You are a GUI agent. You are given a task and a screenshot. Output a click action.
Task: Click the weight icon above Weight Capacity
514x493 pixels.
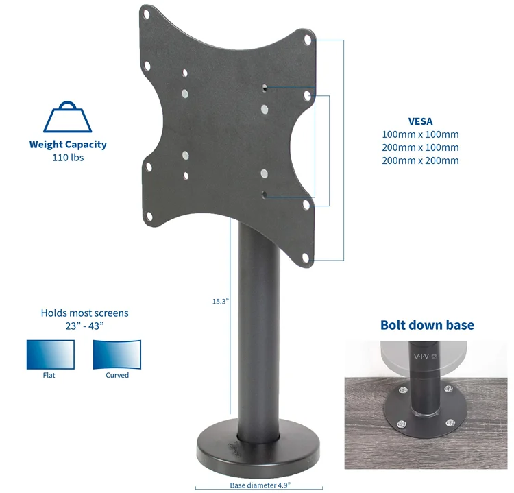[67, 118]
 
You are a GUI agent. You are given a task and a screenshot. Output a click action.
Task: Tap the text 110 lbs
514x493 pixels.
[67, 157]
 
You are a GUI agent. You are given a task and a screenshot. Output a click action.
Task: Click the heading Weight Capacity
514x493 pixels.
[67, 145]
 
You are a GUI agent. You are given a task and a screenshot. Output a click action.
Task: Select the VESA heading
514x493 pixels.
[420, 121]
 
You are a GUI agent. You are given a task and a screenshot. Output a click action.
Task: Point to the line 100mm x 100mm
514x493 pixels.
[420, 134]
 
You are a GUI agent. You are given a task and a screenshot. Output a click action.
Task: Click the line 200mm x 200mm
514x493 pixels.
[420, 160]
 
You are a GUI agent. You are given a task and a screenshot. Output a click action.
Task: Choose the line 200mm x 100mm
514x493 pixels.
[420, 147]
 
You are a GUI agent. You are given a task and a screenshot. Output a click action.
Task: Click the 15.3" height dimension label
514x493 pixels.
[219, 300]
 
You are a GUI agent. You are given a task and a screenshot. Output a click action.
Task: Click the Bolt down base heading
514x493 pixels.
[427, 325]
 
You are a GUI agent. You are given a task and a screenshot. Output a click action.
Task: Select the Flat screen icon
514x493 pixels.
[49, 354]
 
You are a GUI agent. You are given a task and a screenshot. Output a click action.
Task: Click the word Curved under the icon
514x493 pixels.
[117, 376]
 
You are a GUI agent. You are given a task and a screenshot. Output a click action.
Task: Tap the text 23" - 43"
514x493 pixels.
[84, 326]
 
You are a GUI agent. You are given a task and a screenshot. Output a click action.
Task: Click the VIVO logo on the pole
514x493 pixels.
[427, 357]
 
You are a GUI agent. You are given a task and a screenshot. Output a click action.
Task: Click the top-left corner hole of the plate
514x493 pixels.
[147, 12]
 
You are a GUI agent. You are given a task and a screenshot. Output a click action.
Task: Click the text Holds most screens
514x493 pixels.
[84, 313]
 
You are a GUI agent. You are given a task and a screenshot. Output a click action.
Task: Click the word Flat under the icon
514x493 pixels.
[49, 376]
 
